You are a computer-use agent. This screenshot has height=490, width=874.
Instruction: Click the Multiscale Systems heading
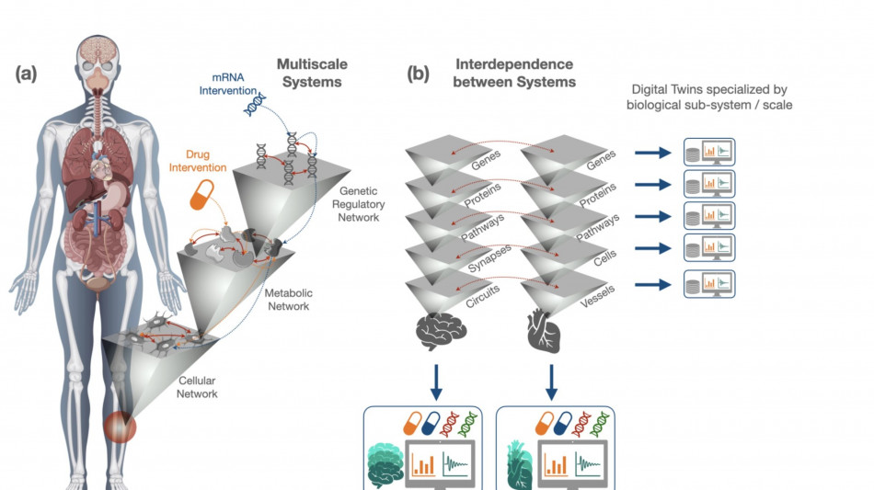309,74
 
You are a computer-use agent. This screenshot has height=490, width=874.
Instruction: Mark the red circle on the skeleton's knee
119,427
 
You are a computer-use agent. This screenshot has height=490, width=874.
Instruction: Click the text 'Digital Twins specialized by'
711,90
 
